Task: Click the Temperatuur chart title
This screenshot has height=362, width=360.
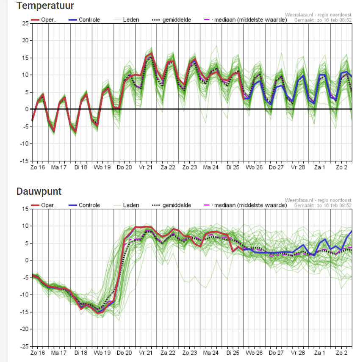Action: (x=45, y=6)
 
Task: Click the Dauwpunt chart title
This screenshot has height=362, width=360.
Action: (x=39, y=191)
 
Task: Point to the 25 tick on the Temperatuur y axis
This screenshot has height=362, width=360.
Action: (x=25, y=23)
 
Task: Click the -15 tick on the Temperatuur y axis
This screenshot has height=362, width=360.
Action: (x=25, y=161)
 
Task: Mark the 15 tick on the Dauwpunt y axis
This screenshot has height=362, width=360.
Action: (x=25, y=209)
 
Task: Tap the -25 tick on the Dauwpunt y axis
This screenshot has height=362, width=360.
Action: (x=25, y=346)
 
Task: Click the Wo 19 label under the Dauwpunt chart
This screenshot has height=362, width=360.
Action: (x=102, y=352)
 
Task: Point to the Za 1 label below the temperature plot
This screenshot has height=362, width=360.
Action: (x=320, y=167)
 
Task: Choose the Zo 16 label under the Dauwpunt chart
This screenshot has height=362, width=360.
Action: (x=38, y=352)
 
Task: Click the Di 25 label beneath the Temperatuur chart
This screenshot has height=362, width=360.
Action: (x=233, y=167)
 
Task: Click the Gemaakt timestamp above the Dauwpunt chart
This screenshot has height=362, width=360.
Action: (x=323, y=205)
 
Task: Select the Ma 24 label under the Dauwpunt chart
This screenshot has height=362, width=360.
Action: (x=210, y=352)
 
